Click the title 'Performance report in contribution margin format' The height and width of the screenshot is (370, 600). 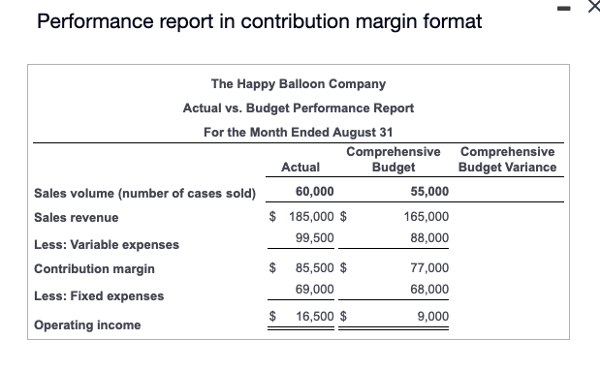tap(259, 21)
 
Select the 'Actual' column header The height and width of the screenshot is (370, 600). tap(300, 168)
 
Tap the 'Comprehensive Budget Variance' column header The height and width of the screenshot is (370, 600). tap(508, 160)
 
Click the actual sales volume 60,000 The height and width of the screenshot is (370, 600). tap(315, 192)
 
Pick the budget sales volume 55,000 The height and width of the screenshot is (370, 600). tap(429, 192)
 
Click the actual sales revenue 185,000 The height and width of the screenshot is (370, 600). tap(310, 218)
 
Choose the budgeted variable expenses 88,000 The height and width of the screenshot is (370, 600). tap(429, 237)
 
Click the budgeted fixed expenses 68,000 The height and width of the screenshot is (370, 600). tap(429, 289)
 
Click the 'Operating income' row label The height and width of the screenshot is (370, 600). tap(87, 325)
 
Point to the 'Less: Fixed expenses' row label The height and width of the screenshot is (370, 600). tap(99, 296)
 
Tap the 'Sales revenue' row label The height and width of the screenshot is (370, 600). tap(77, 218)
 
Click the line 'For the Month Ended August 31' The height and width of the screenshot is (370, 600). tap(299, 132)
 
